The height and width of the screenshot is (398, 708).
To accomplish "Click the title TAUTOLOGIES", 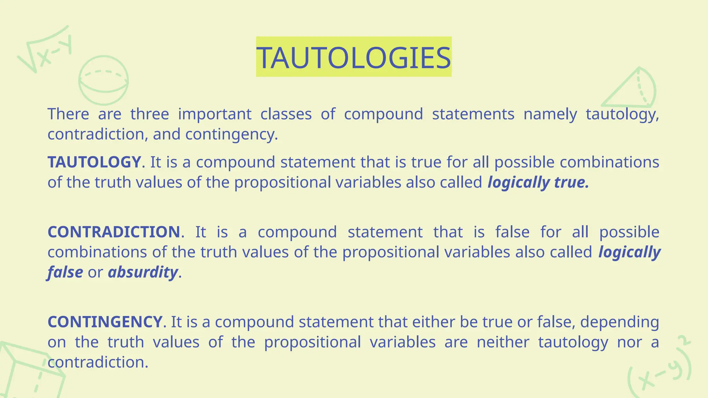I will tap(354, 57).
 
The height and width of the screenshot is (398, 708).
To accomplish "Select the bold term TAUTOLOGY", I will tap(94, 162).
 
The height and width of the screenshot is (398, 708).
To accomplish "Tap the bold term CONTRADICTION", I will tap(114, 232).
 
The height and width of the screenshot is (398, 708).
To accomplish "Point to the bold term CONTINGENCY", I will tap(105, 322).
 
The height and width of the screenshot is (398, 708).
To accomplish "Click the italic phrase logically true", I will tap(538, 182).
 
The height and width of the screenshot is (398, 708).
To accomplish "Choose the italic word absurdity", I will tap(143, 272).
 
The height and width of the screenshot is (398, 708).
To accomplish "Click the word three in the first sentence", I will tap(149, 114).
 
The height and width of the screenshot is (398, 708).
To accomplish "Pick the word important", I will tap(214, 114).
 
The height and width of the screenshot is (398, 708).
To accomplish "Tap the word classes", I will tap(286, 114).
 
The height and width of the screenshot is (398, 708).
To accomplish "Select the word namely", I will tap(550, 114).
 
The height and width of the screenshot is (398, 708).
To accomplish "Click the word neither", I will tap(503, 342).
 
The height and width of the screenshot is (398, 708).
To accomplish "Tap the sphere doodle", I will tap(103, 80).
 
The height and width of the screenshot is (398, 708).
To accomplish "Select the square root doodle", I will tap(45, 50).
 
